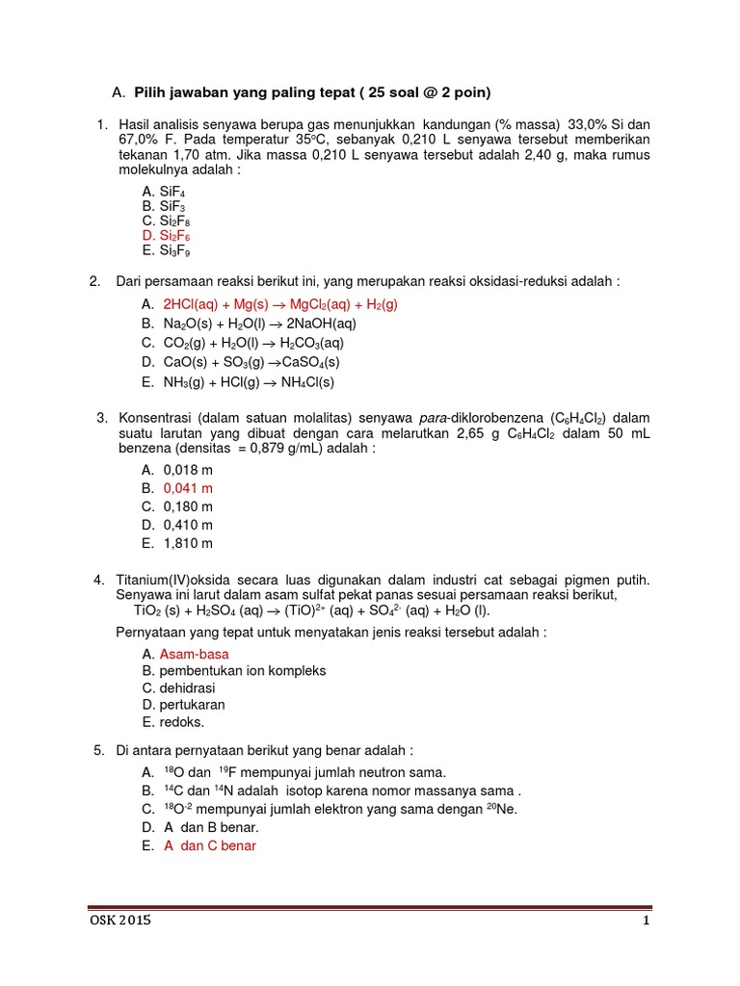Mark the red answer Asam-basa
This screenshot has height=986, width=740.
click(x=194, y=654)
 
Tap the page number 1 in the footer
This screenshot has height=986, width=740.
click(x=647, y=921)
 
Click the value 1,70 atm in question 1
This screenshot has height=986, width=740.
click(x=214, y=155)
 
